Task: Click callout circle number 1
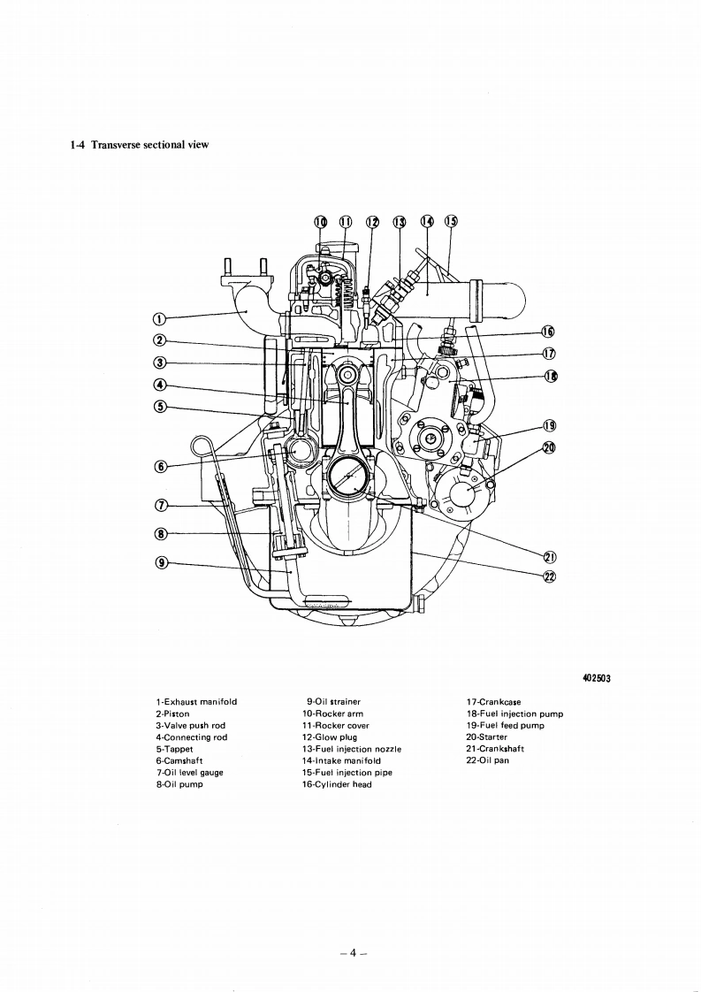click(159, 319)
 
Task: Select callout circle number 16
click(547, 332)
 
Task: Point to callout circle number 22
click(548, 576)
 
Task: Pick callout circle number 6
click(159, 466)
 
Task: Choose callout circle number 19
click(548, 426)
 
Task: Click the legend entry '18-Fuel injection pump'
click(514, 713)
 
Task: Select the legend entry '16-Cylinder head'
click(337, 783)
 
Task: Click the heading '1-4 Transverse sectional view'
click(139, 145)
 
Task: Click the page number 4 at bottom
click(351, 928)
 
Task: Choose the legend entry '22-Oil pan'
click(487, 759)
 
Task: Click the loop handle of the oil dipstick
click(201, 444)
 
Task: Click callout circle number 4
click(159, 384)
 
